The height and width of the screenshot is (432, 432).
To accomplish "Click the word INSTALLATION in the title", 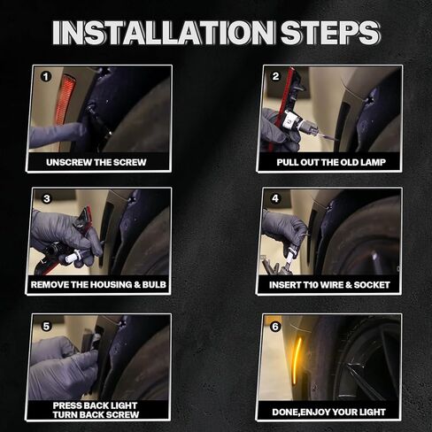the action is (163, 32).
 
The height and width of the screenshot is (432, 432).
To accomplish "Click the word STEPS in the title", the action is (330, 32).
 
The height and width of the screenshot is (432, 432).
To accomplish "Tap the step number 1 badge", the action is (46, 77).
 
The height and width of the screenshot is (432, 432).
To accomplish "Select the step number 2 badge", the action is (275, 76).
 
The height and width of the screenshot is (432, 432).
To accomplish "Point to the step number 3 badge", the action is (47, 198).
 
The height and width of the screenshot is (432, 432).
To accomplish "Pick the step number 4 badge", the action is (275, 198).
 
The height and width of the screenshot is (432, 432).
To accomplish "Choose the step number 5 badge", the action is (46, 326).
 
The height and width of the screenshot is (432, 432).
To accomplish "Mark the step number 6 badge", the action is (275, 327).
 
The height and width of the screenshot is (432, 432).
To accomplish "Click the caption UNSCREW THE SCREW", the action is (96, 162).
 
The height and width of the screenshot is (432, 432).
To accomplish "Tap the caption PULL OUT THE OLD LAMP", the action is (331, 162).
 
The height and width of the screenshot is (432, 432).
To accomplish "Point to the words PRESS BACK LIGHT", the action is (95, 405).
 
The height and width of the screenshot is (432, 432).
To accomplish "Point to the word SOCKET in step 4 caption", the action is (372, 285).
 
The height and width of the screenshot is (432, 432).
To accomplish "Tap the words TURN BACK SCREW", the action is (96, 414).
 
